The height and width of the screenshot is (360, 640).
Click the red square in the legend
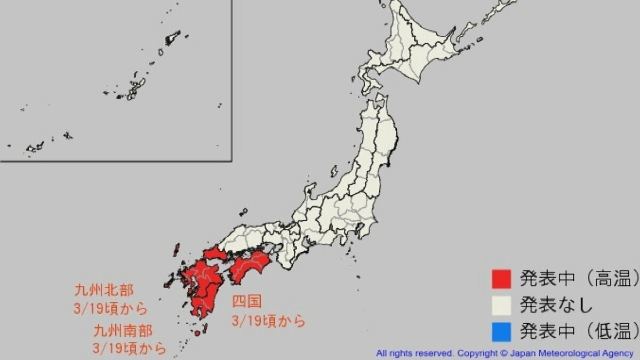point(501,278)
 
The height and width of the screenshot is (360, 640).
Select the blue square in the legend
point(501,332)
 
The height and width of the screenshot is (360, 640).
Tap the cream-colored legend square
point(501,305)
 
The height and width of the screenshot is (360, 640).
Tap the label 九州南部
point(123,331)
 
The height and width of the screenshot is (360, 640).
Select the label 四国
point(246,302)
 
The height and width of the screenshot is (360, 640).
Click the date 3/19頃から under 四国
point(268,321)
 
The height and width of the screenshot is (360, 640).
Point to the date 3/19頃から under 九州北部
point(110,309)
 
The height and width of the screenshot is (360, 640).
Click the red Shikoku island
point(250,265)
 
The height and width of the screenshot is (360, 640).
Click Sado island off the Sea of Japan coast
point(334,171)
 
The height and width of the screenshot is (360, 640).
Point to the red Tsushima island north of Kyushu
point(176,250)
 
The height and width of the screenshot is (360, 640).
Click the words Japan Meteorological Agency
point(572,353)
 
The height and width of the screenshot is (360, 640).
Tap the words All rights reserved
point(415,353)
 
